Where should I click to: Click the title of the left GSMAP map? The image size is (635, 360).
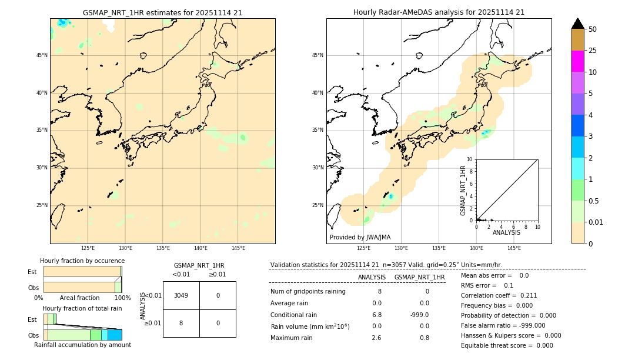162,12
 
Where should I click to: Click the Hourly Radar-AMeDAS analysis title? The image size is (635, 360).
439,12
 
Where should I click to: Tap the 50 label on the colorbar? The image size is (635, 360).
593,29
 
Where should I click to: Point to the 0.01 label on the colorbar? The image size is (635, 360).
596,222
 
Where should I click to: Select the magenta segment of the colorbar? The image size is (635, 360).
577,61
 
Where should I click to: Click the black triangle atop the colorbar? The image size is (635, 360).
577,24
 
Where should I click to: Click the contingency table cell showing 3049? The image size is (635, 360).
181,295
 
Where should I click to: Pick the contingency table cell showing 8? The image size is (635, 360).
181,323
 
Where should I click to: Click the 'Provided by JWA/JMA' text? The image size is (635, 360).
360,237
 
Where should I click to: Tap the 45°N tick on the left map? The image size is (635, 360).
42,55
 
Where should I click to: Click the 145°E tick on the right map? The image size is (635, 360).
514,248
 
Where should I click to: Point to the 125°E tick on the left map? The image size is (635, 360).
88,248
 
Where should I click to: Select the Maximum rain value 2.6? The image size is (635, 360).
376,338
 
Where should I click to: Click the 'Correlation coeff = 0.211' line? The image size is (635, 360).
499,295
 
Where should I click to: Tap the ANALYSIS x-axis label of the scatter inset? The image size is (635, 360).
506,232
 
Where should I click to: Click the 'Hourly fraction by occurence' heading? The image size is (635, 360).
82,261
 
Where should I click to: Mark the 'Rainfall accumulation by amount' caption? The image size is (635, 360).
82,345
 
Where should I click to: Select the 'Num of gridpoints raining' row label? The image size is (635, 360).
308,291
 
